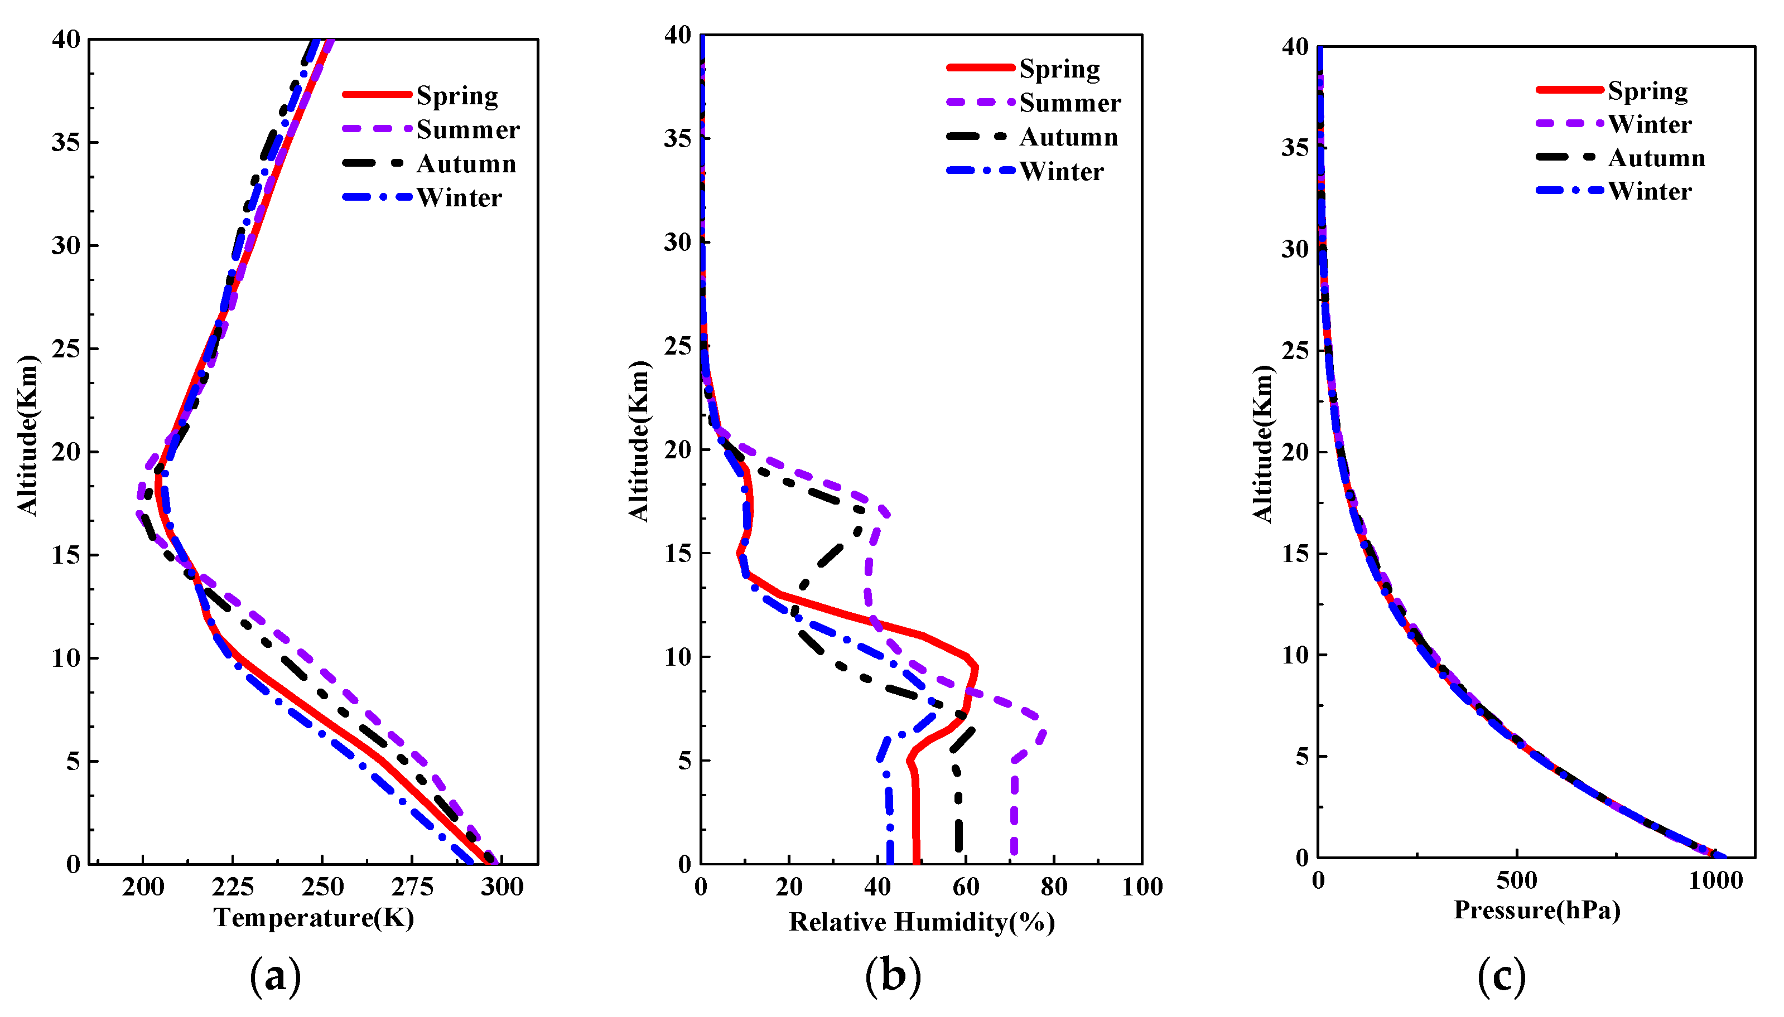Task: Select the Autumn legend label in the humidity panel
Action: [x=1068, y=137]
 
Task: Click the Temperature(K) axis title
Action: [x=314, y=917]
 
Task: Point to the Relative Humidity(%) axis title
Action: [x=922, y=922]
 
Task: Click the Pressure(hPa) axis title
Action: [x=1537, y=910]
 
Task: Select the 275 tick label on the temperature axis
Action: [x=412, y=887]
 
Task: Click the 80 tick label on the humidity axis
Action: [x=1054, y=887]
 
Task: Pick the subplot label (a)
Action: [x=276, y=976]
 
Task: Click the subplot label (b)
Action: [x=893, y=976]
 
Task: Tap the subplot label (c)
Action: [x=1502, y=976]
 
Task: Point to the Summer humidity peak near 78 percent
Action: [x=1043, y=733]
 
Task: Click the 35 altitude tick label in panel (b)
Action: [x=677, y=138]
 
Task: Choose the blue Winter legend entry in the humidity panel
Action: [x=1061, y=171]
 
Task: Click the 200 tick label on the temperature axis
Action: [x=143, y=887]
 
